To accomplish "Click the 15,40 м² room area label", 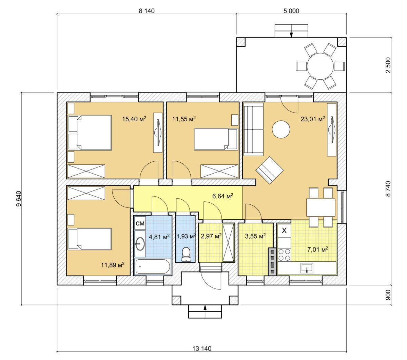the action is (134, 119).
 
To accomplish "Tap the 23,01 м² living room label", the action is (313, 119).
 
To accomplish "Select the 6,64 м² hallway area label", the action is (222, 196).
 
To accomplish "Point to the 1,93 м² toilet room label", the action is (186, 236).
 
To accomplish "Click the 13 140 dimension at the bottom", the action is (202, 348).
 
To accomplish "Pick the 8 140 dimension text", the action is (147, 11).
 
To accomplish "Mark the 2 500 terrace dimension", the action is (389, 65).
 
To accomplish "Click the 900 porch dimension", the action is (388, 295).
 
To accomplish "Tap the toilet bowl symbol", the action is (186, 254).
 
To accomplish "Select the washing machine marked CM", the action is (140, 223).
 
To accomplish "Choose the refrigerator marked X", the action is (284, 231).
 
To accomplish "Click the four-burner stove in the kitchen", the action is (284, 254).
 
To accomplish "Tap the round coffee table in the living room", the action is (281, 129).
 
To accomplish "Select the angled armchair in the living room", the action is (269, 170).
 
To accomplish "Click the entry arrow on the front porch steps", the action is (205, 312).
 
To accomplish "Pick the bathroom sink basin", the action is (140, 243).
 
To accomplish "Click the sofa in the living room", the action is (253, 129).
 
